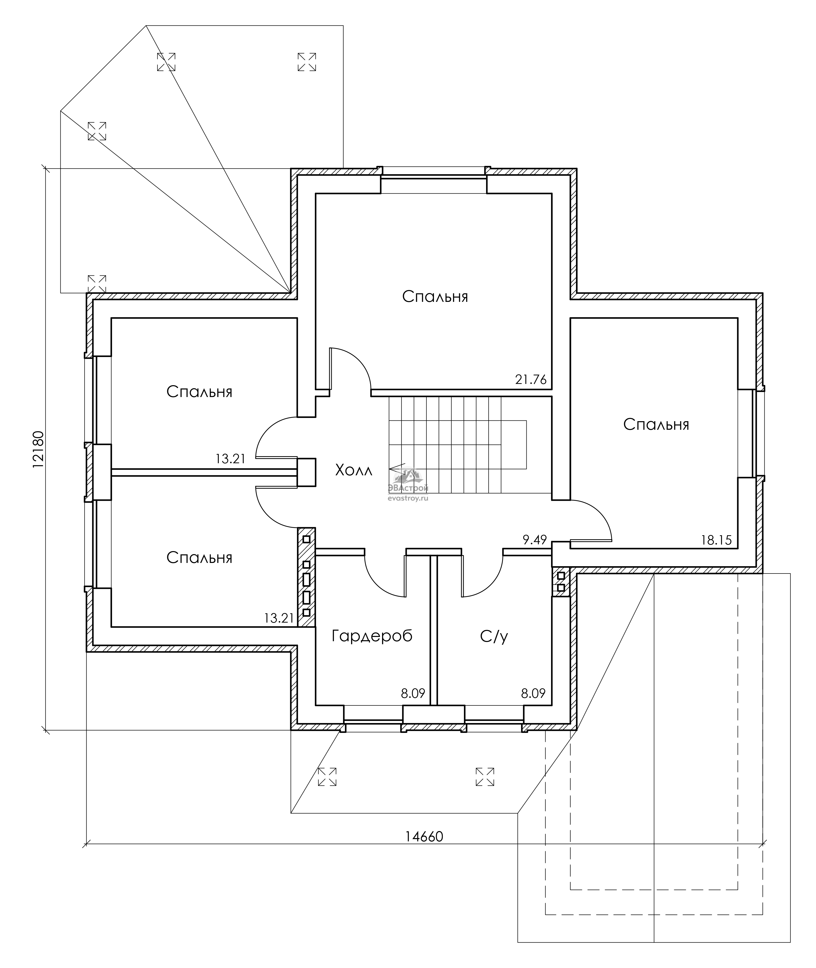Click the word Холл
click(x=353, y=471)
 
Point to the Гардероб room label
click(x=372, y=636)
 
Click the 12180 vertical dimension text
click(x=38, y=450)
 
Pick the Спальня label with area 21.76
click(x=435, y=297)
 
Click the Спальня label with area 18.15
click(x=656, y=424)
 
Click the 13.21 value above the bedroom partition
click(x=230, y=459)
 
